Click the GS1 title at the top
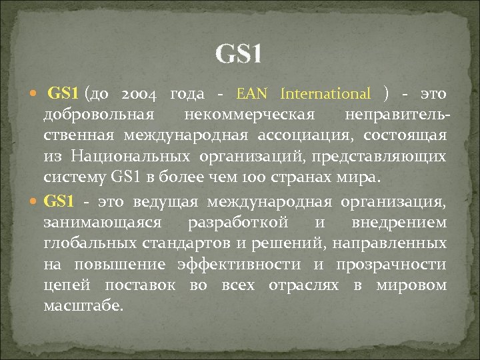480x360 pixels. pos(239,54)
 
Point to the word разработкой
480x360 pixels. pos(238,221)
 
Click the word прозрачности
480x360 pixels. pos(391,265)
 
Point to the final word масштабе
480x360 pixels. pos(83,307)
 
